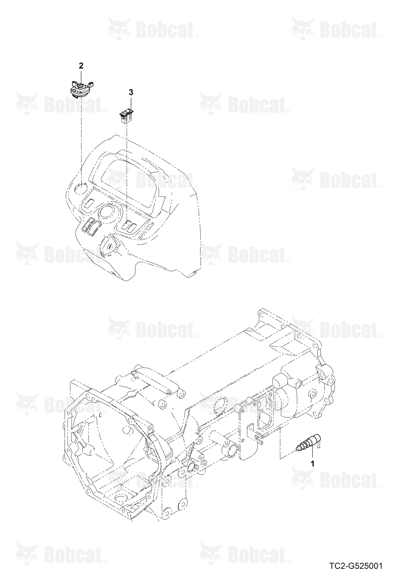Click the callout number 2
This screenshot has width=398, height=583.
(x=81, y=66)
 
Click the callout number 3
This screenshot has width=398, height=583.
(x=131, y=92)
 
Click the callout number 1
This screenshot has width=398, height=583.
(x=312, y=463)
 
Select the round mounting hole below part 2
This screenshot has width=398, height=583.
(x=81, y=189)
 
